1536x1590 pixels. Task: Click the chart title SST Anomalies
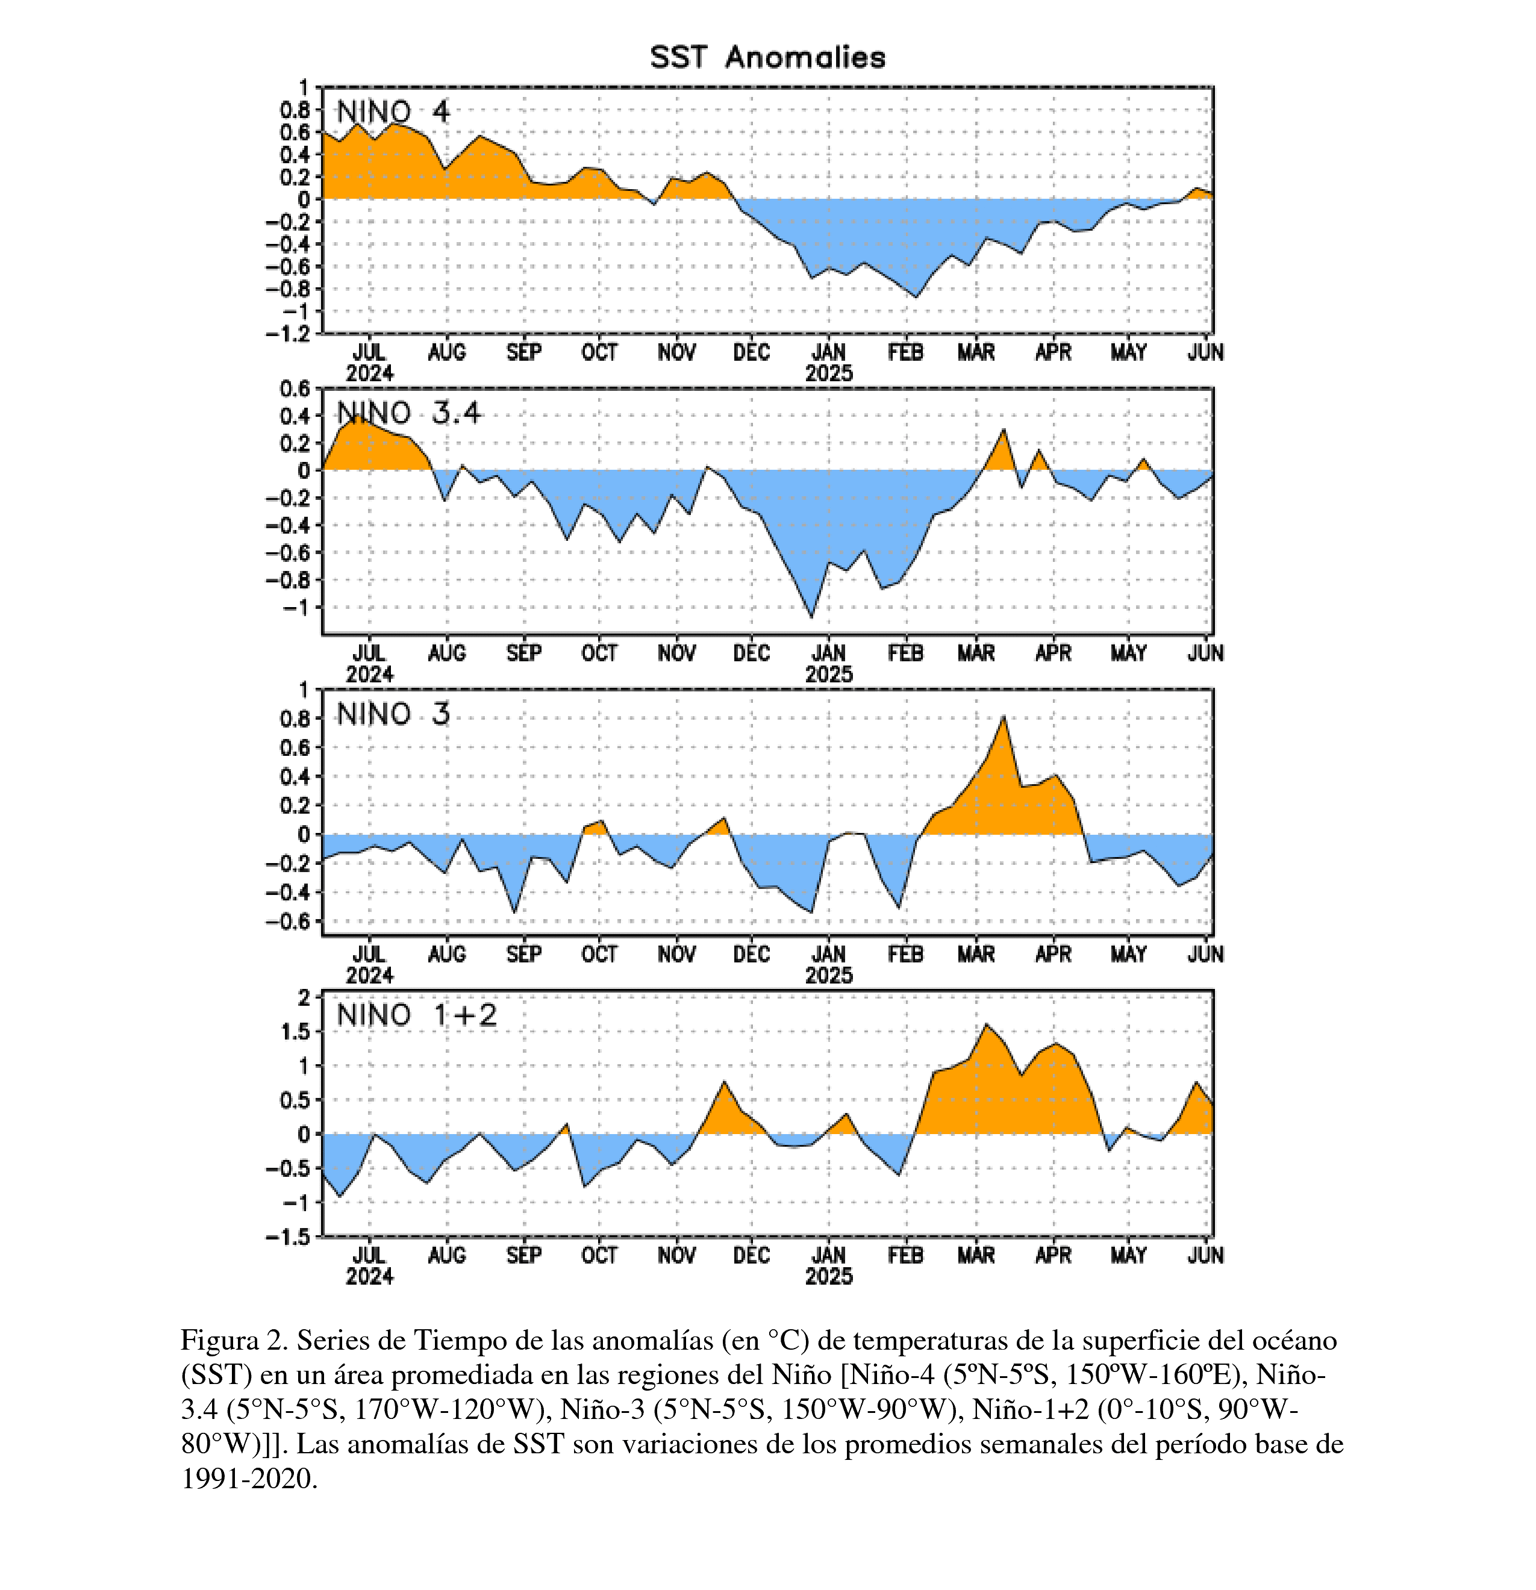pyautogui.click(x=767, y=58)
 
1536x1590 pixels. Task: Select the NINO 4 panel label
pyautogui.click(x=393, y=111)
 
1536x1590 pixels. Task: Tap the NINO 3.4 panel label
pyautogui.click(x=409, y=413)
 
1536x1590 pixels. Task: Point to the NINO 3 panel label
pyautogui.click(x=393, y=714)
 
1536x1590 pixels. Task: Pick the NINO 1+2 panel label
pyautogui.click(x=417, y=1015)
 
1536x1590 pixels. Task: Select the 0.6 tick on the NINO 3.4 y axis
pyautogui.click(x=295, y=388)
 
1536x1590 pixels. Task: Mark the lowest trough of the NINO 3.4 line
pyautogui.click(x=811, y=617)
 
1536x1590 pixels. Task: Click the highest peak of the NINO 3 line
pyautogui.click(x=1004, y=716)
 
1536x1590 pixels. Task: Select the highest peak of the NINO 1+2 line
pyautogui.click(x=987, y=1024)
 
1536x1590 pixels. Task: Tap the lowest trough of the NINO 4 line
pyautogui.click(x=916, y=297)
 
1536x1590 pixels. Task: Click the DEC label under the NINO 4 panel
pyautogui.click(x=751, y=353)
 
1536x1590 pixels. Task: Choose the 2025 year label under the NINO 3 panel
pyautogui.click(x=828, y=975)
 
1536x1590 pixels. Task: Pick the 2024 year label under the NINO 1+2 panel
pyautogui.click(x=369, y=1276)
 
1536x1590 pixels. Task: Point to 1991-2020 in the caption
pyautogui.click(x=248, y=1479)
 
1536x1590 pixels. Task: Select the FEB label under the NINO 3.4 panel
pyautogui.click(x=905, y=653)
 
